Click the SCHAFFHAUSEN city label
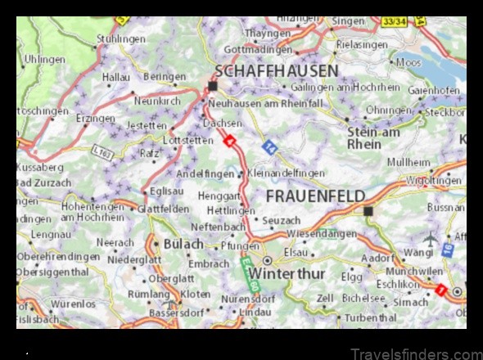tap(276, 70)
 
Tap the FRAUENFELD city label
tap(314, 196)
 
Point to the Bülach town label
tap(184, 244)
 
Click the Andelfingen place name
tap(205, 173)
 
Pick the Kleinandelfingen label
tap(285, 173)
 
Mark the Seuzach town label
tap(281, 221)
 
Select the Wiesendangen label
tap(321, 233)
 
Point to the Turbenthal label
tap(370, 317)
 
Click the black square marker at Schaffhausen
tap(213, 86)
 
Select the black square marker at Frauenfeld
tap(368, 211)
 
